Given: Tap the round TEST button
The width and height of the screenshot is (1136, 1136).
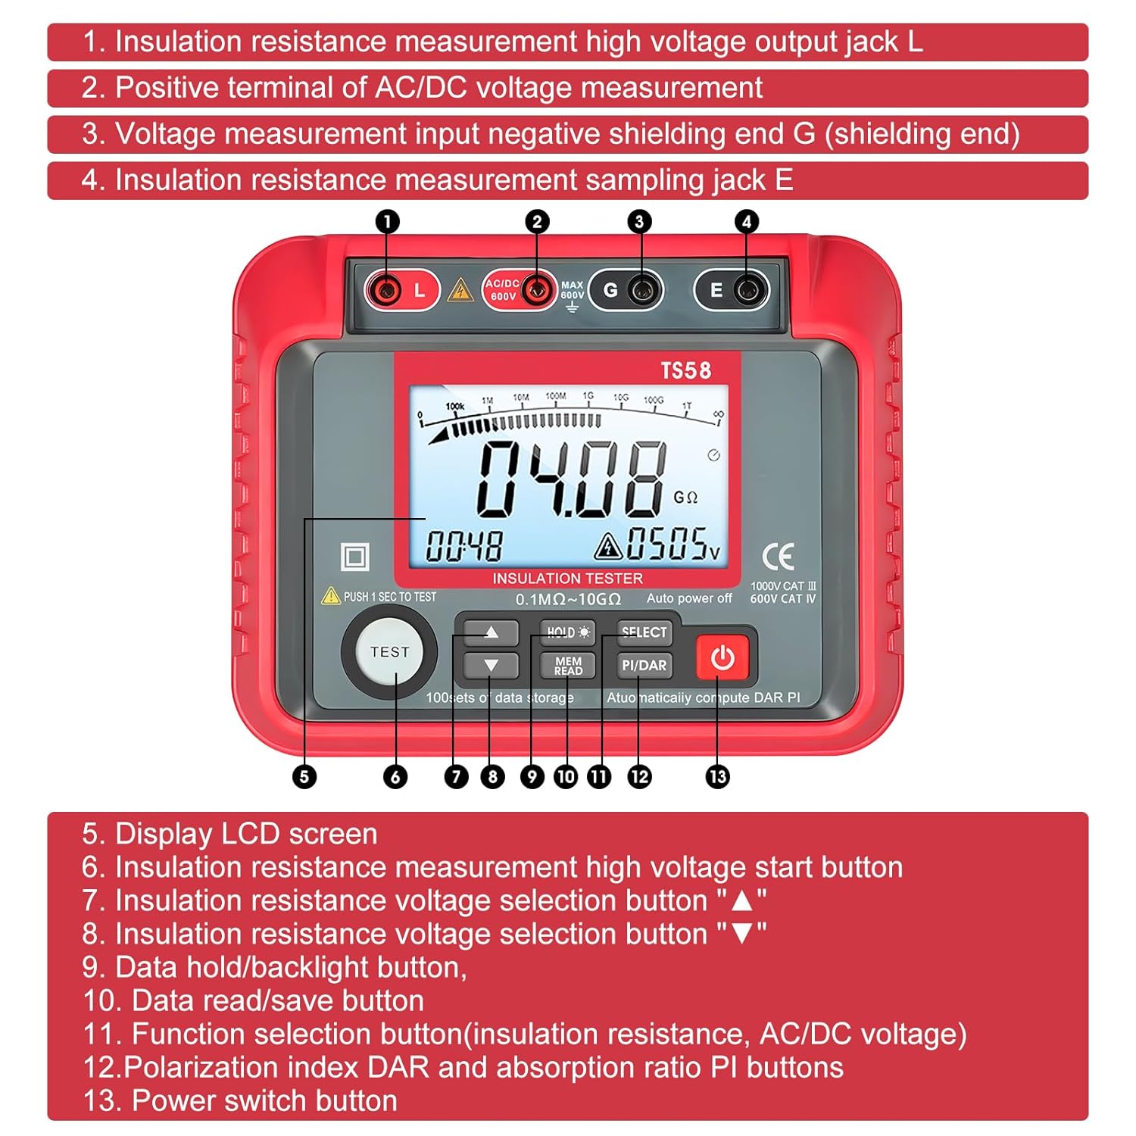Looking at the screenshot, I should point(389,652).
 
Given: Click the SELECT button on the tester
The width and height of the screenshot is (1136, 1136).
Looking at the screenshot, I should point(644,632).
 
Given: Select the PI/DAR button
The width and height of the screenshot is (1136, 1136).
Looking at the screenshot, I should point(644,666).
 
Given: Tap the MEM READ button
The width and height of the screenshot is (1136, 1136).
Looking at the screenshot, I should point(567,666).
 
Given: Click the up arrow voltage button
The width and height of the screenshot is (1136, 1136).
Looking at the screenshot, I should point(491,632).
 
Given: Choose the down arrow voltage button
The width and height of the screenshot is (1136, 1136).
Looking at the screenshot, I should point(491,666).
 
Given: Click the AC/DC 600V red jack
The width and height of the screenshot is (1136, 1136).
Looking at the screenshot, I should point(537,290).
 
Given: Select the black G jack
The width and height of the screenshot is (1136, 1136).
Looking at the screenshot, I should point(641,290).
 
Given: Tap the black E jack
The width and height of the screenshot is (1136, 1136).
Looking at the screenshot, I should point(747,290).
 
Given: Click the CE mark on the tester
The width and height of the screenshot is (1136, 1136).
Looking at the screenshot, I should point(778,557).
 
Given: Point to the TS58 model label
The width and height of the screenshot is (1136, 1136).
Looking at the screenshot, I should point(685,370).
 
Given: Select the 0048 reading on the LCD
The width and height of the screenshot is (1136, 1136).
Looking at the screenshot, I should point(463,546).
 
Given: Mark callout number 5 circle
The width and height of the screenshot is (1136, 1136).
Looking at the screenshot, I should point(304,777).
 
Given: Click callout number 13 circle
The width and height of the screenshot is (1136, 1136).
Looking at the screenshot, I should point(717,777).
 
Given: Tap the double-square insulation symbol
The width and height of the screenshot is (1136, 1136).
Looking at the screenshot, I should point(354,557).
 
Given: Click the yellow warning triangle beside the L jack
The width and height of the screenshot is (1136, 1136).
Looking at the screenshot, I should point(460,290).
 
